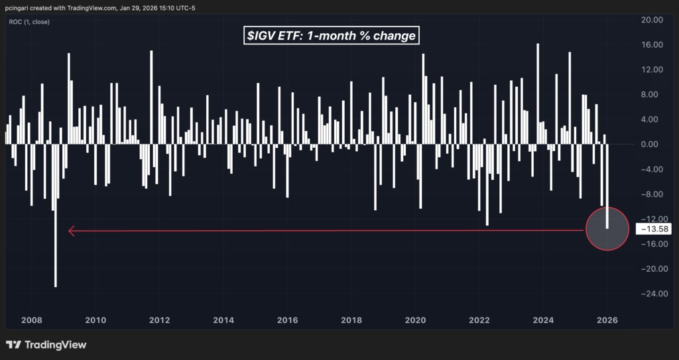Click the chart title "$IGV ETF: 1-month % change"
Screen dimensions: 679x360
pyautogui.click(x=332, y=36)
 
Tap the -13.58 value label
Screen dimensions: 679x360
pyautogui.click(x=653, y=229)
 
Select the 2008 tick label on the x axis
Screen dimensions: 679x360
pyautogui.click(x=32, y=321)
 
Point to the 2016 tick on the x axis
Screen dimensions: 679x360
pyautogui.click(x=288, y=321)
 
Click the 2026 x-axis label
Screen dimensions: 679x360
pyautogui.click(x=607, y=321)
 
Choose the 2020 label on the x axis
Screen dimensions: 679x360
pyautogui.click(x=415, y=321)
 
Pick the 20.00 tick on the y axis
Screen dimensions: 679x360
pyautogui.click(x=652, y=20)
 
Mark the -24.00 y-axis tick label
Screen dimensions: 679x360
pyautogui.click(x=651, y=294)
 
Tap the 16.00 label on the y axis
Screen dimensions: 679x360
pyautogui.click(x=652, y=45)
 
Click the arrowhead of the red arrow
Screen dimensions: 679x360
pyautogui.click(x=72, y=231)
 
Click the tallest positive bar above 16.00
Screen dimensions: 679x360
pyautogui.click(x=538, y=93)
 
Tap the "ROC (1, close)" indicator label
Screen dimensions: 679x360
pyautogui.click(x=29, y=22)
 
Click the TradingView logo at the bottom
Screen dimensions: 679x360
pyautogui.click(x=46, y=345)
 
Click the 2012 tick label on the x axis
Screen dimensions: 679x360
pyautogui.click(x=159, y=321)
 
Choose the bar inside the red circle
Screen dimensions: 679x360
pyautogui.click(x=607, y=186)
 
